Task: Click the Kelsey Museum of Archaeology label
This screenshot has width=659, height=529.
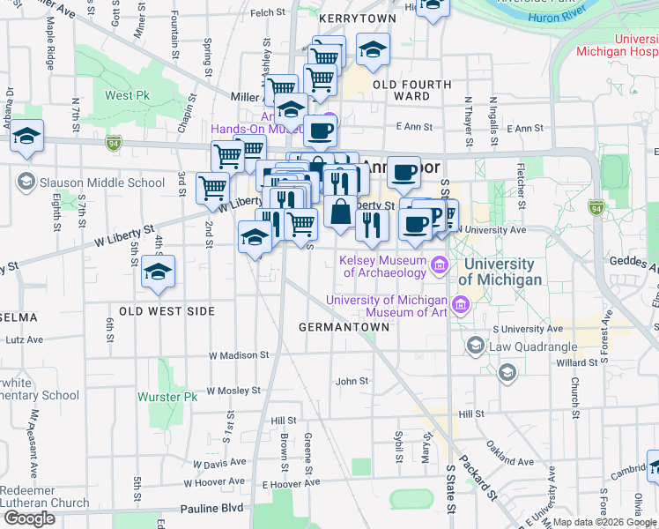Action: click(381, 266)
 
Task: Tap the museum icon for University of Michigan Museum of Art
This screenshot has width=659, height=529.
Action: click(459, 306)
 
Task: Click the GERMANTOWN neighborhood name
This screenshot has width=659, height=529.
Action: click(344, 326)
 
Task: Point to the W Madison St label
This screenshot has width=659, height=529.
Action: click(238, 354)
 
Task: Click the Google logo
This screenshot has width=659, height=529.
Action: click(29, 518)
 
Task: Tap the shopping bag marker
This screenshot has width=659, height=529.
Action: click(340, 213)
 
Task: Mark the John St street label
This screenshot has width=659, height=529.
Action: click(352, 381)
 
